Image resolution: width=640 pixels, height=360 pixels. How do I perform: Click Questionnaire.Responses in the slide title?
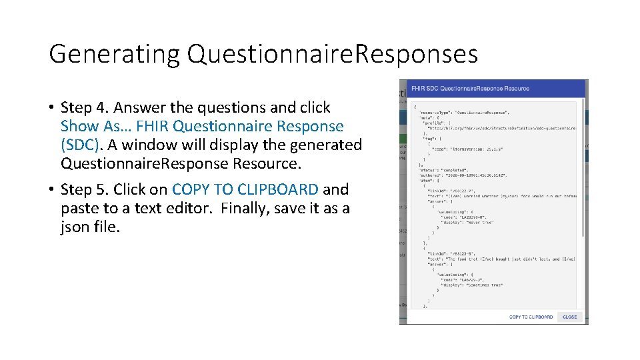coord(332,54)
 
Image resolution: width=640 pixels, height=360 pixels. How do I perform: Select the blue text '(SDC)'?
coord(82,145)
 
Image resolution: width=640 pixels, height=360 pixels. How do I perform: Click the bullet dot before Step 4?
coord(51,108)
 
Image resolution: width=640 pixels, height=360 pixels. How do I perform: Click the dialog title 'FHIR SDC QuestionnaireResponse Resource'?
coord(470,88)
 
